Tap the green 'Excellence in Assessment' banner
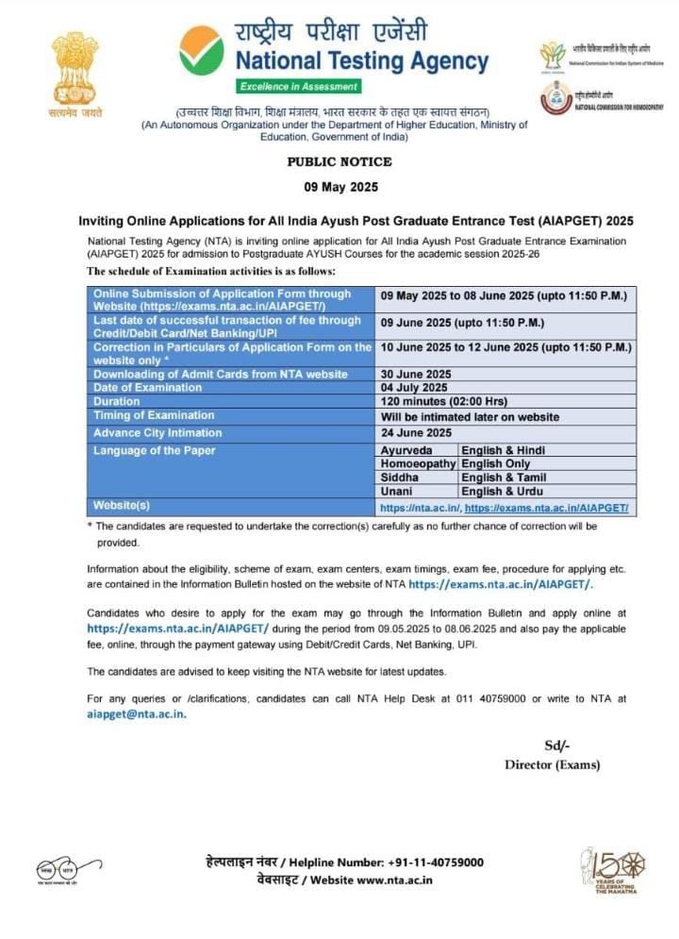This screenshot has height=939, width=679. coord(299,87)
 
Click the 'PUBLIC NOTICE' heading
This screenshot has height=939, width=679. coord(339,162)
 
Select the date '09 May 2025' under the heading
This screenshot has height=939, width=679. coord(339,185)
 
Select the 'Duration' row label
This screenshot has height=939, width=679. coord(117,402)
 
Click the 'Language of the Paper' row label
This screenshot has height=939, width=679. coord(154,450)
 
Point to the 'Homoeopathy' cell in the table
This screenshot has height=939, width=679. coord(418,464)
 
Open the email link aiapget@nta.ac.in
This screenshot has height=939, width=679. coord(137,714)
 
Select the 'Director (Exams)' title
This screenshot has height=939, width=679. coord(552,764)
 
